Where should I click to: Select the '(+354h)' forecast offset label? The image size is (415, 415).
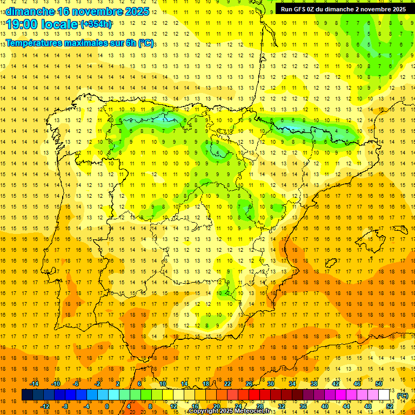(x=96, y=24)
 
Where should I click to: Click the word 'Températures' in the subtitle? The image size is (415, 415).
(x=32, y=43)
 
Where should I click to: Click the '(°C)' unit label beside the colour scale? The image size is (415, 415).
(x=403, y=396)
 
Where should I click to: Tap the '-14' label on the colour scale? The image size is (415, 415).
(x=34, y=384)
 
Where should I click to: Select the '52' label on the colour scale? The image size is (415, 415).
(x=390, y=406)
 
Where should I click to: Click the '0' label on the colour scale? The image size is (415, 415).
(x=106, y=406)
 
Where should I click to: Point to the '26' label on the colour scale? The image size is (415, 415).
(x=249, y=384)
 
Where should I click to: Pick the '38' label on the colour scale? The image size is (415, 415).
(x=314, y=384)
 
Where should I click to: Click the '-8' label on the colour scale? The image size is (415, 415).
(x=65, y=406)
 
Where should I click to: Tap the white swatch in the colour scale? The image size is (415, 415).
(x=384, y=395)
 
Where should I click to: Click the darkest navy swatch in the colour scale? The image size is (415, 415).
(x=27, y=395)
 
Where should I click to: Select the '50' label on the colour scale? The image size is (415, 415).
(x=379, y=384)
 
